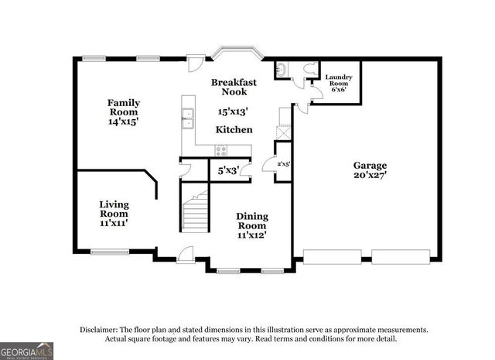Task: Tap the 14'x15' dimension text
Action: pos(123,122)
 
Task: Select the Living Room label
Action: pos(114,209)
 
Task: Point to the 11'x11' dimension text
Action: pos(114,223)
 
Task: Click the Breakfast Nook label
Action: pos(234,87)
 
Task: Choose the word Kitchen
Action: pos(233,129)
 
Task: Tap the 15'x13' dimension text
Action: pos(234,111)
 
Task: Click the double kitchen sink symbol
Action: pos(187,118)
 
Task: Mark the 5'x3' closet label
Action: pos(227,169)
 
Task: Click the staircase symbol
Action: pos(196,211)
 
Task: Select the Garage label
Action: pos(370,165)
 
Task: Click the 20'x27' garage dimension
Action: pos(370,175)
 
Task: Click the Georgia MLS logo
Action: pos(27,351)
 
